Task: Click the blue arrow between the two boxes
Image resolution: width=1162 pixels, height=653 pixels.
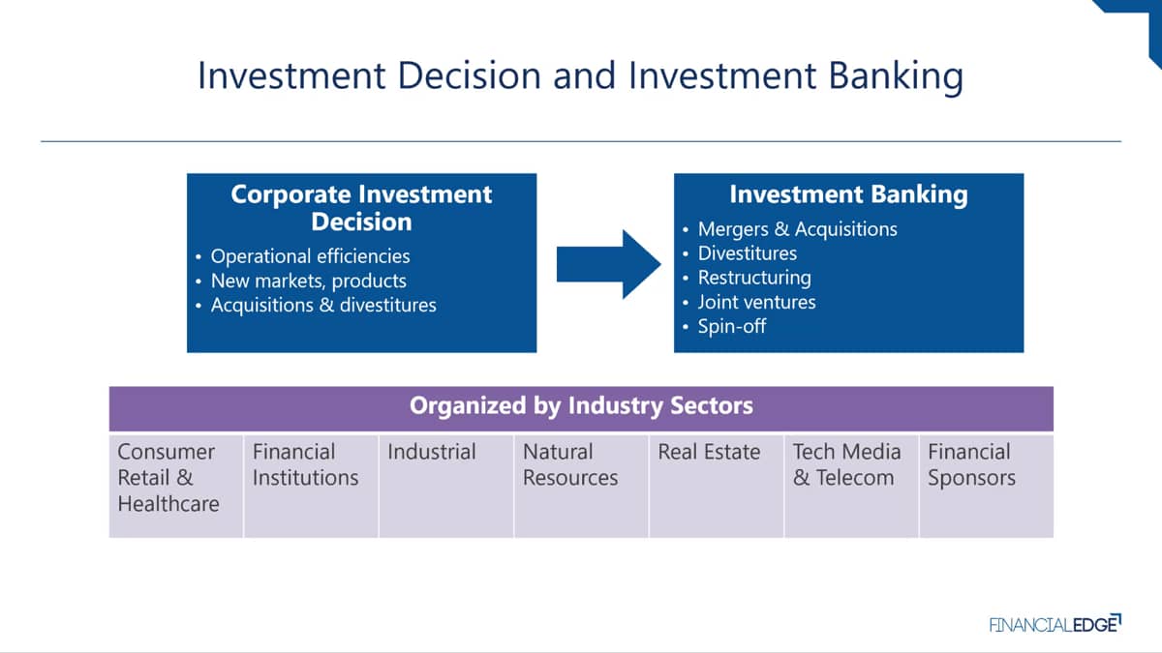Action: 608,264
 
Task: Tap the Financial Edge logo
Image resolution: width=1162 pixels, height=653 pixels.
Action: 1055,623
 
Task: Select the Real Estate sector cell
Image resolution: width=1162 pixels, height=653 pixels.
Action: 716,486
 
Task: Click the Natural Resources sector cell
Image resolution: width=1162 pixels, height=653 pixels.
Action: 581,486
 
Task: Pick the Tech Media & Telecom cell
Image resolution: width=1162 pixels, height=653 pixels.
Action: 851,486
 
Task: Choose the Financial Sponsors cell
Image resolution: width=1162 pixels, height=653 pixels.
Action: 986,486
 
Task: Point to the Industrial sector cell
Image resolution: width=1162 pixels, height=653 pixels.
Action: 446,486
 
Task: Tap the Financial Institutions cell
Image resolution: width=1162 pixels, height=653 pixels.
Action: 311,486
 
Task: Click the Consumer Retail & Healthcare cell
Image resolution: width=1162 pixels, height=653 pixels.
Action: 176,486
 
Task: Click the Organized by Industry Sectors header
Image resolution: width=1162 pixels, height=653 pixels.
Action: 581,405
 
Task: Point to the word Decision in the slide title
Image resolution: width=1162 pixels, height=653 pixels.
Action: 470,75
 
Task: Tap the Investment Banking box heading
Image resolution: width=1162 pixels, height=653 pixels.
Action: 848,194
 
